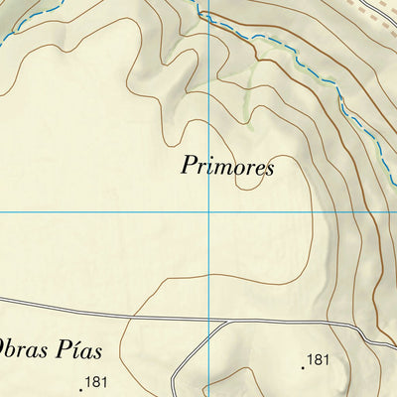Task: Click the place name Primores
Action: (226, 166)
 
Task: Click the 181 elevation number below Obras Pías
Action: (96, 381)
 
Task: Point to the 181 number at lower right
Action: (318, 359)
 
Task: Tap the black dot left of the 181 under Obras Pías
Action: (81, 386)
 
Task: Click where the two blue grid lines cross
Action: (209, 212)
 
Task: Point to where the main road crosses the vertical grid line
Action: (209, 322)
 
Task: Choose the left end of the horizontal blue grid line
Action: (2, 212)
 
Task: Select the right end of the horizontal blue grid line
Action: (394, 212)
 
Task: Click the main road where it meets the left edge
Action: (2, 298)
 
